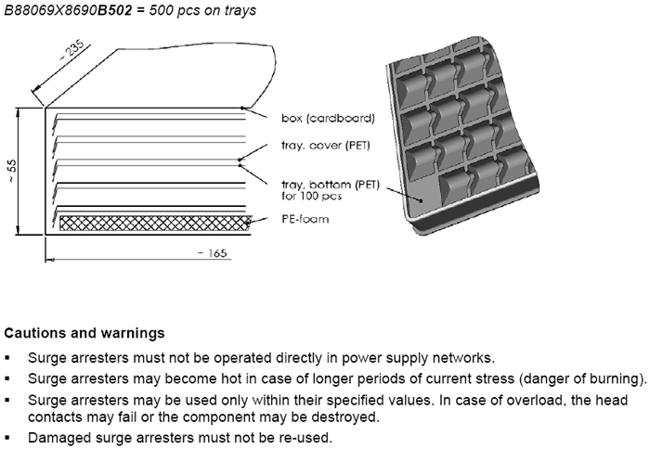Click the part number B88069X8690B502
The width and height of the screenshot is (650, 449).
click(x=69, y=10)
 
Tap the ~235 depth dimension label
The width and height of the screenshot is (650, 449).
click(x=72, y=50)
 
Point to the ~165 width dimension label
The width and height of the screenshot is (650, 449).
click(x=213, y=252)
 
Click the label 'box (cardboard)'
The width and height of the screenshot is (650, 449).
click(x=328, y=119)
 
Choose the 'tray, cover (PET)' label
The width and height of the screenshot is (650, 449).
click(x=325, y=146)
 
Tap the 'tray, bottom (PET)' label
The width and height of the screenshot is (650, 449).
click(x=331, y=185)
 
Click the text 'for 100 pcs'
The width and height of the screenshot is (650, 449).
click(x=311, y=196)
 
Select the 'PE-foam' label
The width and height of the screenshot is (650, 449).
click(x=305, y=219)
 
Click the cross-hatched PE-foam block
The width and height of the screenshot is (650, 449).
click(x=155, y=223)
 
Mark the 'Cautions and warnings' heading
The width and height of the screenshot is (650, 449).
click(x=84, y=333)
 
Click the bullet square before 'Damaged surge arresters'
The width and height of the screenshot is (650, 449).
click(x=7, y=438)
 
